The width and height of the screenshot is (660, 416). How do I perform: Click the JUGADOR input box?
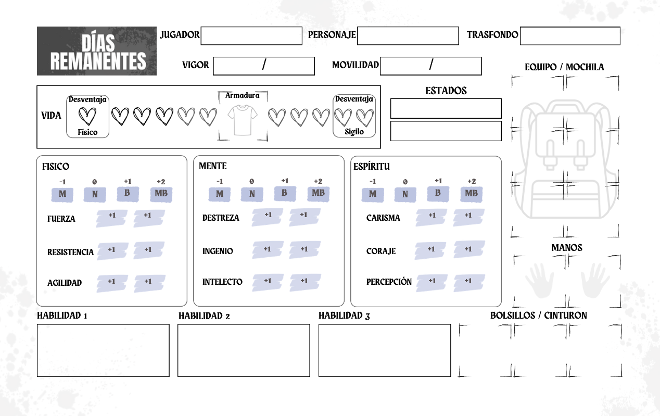(251, 36)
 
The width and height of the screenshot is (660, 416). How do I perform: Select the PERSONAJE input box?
(408, 36)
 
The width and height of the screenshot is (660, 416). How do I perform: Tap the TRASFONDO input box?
(570, 36)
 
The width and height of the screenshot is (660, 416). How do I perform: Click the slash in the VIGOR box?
(264, 64)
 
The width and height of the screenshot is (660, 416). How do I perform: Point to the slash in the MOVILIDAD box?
(431, 64)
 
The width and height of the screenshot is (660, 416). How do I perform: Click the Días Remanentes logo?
(97, 51)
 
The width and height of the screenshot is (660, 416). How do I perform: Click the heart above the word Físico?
(87, 116)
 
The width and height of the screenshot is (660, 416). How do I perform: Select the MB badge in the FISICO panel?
(161, 194)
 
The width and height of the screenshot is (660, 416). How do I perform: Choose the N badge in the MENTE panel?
(251, 194)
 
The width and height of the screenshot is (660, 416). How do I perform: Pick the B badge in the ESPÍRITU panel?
(438, 193)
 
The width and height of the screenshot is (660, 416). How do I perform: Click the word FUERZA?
(61, 219)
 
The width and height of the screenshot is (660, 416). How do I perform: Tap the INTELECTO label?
(222, 282)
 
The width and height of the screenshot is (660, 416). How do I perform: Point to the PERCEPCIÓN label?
(389, 282)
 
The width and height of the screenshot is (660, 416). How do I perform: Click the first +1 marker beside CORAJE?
(430, 250)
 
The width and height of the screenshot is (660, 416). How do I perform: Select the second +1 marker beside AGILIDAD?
(149, 283)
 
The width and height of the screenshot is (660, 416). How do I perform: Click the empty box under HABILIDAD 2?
(244, 350)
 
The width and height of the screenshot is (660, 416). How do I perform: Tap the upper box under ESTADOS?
(446, 108)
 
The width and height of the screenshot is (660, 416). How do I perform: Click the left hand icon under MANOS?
(539, 281)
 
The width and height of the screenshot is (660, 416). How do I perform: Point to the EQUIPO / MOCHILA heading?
(564, 67)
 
